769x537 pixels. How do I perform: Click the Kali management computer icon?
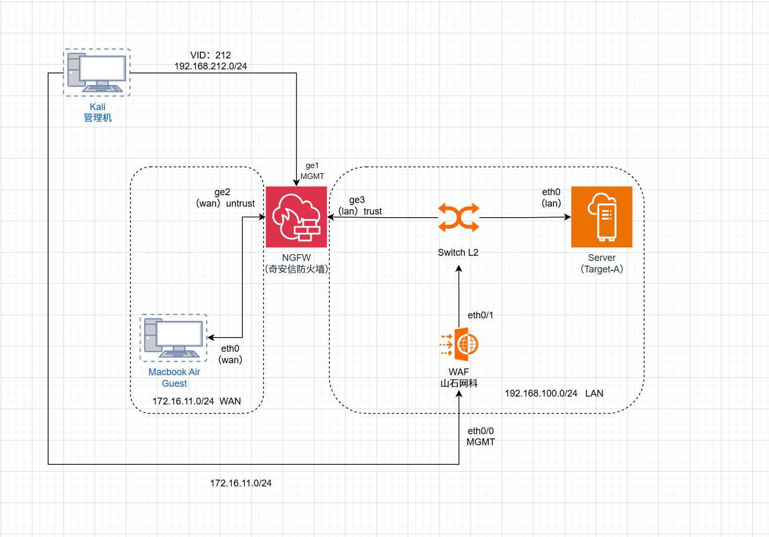coord(97,73)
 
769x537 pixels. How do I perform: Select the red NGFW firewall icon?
coord(297,217)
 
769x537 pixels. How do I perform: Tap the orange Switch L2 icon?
coord(458,217)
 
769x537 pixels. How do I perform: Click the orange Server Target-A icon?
coord(601,217)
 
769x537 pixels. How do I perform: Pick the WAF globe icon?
coord(459,344)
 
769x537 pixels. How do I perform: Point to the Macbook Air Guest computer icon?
coord(174,338)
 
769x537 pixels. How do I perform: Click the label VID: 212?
coord(210,55)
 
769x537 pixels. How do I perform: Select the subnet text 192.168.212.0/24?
coord(210,66)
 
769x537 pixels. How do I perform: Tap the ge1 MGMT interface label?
coord(312,171)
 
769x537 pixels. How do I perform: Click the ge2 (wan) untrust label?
coord(226,198)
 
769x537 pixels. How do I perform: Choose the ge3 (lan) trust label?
coord(360,206)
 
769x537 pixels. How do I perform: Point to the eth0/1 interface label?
coord(480,315)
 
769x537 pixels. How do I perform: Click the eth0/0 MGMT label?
coord(480,436)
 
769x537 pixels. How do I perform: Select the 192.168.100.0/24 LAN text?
coord(554,393)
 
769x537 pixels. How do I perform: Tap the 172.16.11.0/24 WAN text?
coord(196,401)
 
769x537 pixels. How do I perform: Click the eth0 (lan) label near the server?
coord(551,198)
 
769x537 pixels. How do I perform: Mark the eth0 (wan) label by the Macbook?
coord(230,354)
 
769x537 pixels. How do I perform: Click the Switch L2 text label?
coord(458,253)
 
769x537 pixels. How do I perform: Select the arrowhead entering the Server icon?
coord(567,217)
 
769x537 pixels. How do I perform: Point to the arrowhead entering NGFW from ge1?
coord(297,183)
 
